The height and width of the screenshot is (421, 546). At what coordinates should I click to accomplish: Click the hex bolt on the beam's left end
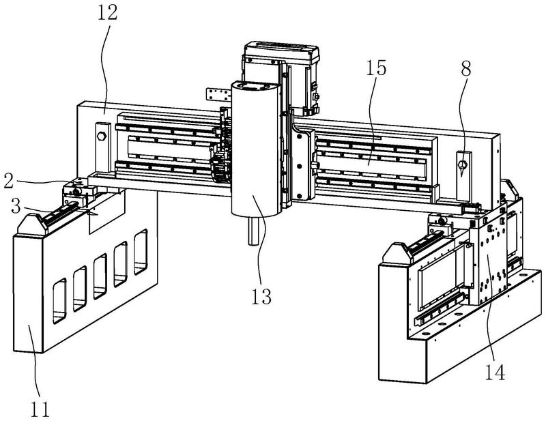(102, 134)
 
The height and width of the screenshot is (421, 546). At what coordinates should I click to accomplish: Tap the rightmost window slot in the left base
(141, 250)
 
